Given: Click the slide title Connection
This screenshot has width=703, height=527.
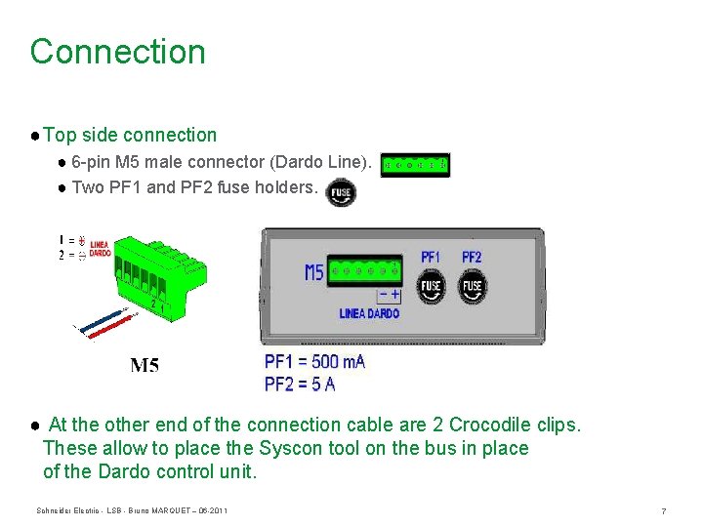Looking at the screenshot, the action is click(117, 52).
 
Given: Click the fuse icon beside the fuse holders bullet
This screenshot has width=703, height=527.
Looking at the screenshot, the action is click(341, 193).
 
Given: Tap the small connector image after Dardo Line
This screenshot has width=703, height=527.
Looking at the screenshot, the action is click(415, 165).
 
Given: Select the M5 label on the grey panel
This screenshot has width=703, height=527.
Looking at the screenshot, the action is click(313, 272).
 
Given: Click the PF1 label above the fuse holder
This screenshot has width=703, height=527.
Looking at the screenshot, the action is click(431, 257).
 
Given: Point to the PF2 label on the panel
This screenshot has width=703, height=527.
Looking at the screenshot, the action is click(472, 257).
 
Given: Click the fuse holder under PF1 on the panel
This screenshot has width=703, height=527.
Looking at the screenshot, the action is click(431, 287).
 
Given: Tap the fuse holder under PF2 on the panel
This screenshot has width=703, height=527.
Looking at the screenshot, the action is click(472, 287).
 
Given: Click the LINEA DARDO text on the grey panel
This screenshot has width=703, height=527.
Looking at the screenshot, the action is click(369, 313).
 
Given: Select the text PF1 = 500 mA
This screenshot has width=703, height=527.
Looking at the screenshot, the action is click(314, 362).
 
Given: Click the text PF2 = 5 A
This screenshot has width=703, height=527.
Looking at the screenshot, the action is click(300, 384).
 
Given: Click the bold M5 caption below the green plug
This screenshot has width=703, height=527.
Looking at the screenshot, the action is click(145, 366).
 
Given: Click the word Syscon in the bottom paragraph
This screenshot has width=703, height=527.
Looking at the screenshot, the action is click(287, 448).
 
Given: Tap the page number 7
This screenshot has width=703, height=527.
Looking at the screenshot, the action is click(663, 511).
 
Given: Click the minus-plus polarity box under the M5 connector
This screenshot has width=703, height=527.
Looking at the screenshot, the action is click(388, 294).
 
